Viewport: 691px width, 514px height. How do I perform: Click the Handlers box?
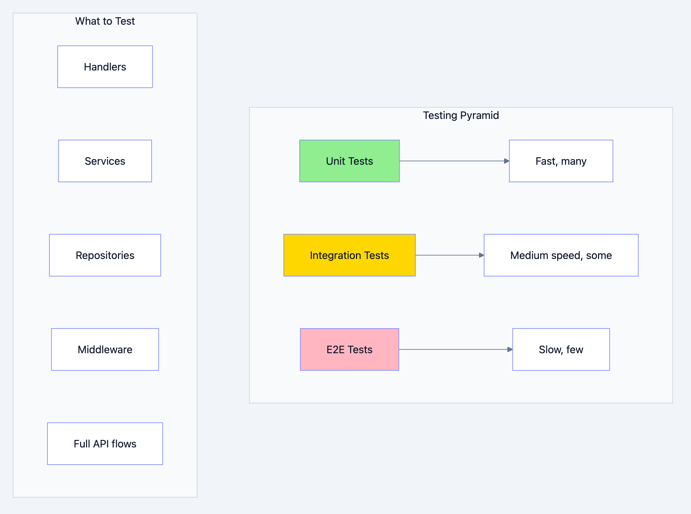[x=105, y=67]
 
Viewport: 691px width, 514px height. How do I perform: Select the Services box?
[x=105, y=161]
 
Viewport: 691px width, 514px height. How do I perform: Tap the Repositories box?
[x=105, y=255]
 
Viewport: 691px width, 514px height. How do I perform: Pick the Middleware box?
[x=105, y=350]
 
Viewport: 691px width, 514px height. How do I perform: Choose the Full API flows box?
[x=105, y=444]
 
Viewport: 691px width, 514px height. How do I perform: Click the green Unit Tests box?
[x=349, y=161]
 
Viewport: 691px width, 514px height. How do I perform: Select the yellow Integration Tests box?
[x=349, y=255]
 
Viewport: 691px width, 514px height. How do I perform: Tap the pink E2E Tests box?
[x=349, y=350]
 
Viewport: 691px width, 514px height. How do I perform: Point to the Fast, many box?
[x=561, y=161]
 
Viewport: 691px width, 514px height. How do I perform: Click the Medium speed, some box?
[x=561, y=255]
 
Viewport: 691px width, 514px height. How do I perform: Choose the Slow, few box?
[x=561, y=350]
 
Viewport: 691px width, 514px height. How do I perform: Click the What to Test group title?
[x=105, y=21]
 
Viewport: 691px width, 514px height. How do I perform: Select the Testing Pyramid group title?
[x=461, y=115]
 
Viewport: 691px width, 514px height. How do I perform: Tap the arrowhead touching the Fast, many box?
[x=507, y=161]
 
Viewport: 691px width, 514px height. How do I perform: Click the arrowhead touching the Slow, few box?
[x=510, y=350]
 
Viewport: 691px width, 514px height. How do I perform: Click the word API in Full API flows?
[x=101, y=444]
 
